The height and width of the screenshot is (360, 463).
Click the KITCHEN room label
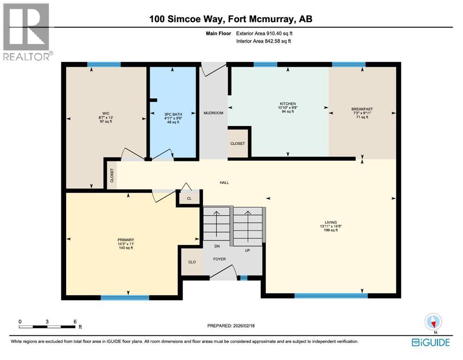tap(288, 104)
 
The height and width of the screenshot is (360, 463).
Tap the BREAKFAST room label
tap(362, 109)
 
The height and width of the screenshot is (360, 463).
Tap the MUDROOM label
tap(213, 113)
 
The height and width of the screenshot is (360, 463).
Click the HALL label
tap(225, 182)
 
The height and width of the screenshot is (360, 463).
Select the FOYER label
tap(220, 259)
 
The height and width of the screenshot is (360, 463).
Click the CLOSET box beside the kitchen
tap(237, 143)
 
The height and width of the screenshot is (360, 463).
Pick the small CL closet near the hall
tap(189, 198)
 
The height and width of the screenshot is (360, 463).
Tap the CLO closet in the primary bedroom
tap(192, 262)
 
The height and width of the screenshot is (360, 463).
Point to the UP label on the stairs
tap(248, 251)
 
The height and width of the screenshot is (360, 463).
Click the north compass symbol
tap(433, 322)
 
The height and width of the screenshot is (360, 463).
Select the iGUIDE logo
tap(430, 343)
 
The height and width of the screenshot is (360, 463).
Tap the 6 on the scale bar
tap(75, 322)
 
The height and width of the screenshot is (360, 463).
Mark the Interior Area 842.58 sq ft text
tap(263, 41)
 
